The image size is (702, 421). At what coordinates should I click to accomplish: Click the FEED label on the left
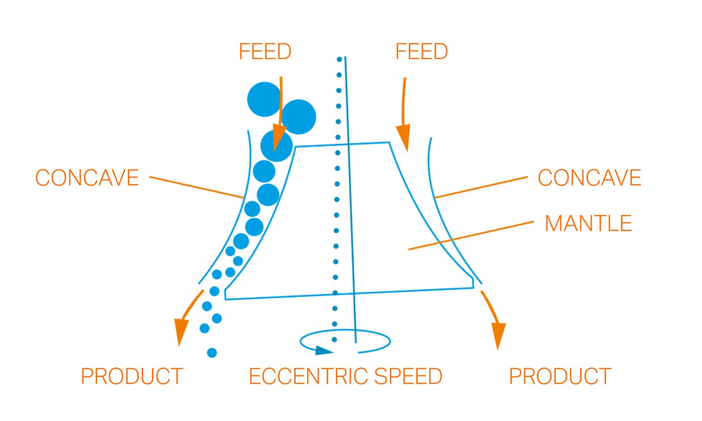pyautogui.click(x=265, y=52)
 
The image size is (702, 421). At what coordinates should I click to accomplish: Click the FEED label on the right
pyautogui.click(x=422, y=52)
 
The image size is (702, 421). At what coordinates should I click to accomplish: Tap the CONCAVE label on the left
pyautogui.click(x=87, y=178)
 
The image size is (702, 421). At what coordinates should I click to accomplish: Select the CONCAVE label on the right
pyautogui.click(x=589, y=178)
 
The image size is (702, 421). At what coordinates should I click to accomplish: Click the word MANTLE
pyautogui.click(x=588, y=224)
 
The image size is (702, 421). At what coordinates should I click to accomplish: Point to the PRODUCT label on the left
pyautogui.click(x=131, y=376)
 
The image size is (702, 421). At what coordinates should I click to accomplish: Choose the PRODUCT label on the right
pyautogui.click(x=560, y=376)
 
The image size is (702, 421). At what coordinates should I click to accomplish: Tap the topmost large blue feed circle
pyautogui.click(x=264, y=99)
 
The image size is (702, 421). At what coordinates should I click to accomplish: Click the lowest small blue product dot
pyautogui.click(x=212, y=353)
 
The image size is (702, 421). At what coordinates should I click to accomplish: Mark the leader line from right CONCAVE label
pyautogui.click(x=482, y=187)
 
